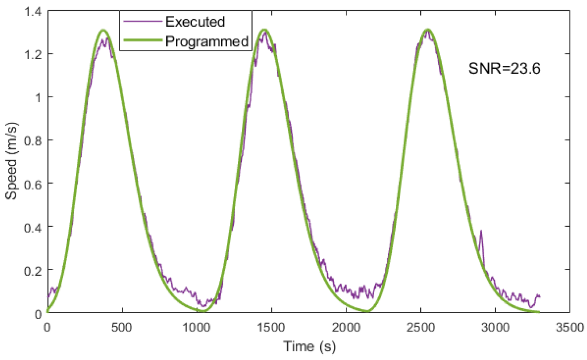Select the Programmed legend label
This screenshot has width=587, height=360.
click(207, 41)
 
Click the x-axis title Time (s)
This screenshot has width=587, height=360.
click(309, 347)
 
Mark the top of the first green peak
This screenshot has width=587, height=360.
click(104, 30)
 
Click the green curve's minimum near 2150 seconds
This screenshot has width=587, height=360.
click(368, 311)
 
